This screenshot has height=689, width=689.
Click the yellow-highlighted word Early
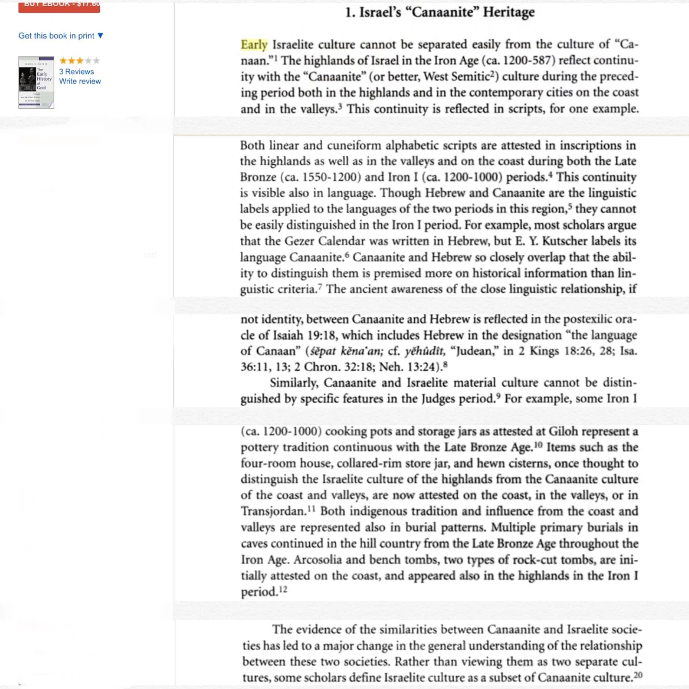pyautogui.click(x=254, y=45)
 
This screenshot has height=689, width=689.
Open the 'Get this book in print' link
pyautogui.click(x=56, y=36)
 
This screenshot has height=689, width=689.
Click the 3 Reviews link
pyautogui.click(x=77, y=72)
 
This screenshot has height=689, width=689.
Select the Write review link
pyautogui.click(x=80, y=81)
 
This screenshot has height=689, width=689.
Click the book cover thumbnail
pyautogui.click(x=36, y=82)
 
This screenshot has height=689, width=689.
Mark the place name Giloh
pyautogui.click(x=566, y=432)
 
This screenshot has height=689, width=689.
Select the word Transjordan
pyautogui.click(x=273, y=511)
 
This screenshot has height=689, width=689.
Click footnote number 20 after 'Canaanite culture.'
pyautogui.click(x=638, y=675)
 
